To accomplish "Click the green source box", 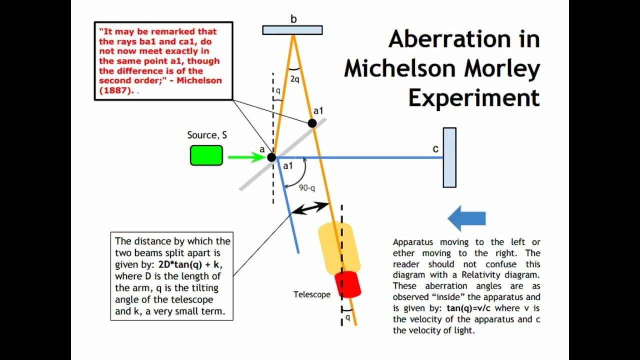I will [206, 155].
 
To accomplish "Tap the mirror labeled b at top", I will [292, 30].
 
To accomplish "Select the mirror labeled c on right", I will [449, 157].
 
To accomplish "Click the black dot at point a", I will [271, 157].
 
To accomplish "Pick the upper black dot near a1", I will [312, 123].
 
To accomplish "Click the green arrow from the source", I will [246, 157].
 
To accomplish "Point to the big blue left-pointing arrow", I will [466, 218].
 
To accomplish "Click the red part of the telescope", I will [347, 284].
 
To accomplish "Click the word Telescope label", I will [312, 294].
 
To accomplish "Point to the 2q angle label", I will [294, 78].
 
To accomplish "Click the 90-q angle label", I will [307, 188].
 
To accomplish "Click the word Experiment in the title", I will [474, 98].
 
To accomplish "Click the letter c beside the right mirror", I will [435, 149].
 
